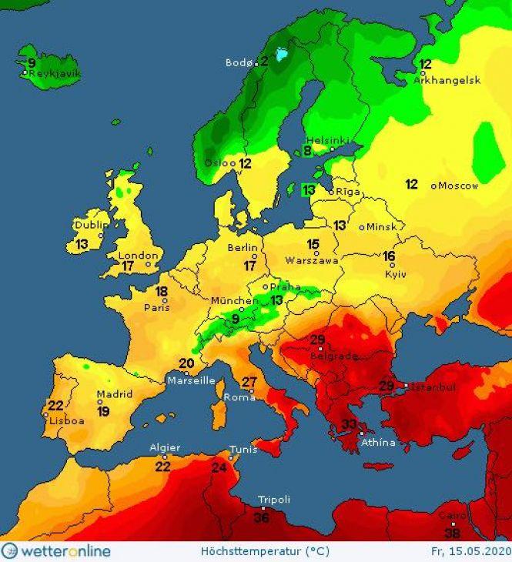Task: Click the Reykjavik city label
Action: pyautogui.click(x=55, y=74)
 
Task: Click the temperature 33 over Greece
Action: pyautogui.click(x=349, y=425)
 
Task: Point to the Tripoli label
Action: pyautogui.click(x=274, y=500)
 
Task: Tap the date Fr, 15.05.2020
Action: pyautogui.click(x=469, y=551)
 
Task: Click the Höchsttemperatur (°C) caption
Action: pyautogui.click(x=254, y=551)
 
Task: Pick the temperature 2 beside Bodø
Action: pyautogui.click(x=263, y=62)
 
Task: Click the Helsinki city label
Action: pyautogui.click(x=328, y=141)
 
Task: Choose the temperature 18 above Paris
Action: pyautogui.click(x=161, y=292)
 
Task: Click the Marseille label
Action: pyautogui.click(x=192, y=380)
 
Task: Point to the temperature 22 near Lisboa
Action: pyautogui.click(x=55, y=406)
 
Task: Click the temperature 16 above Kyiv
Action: pyautogui.click(x=390, y=256)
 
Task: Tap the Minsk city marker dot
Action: pyautogui.click(x=361, y=227)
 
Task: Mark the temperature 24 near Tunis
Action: pyautogui.click(x=219, y=467)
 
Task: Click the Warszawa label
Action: pyautogui.click(x=312, y=260)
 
